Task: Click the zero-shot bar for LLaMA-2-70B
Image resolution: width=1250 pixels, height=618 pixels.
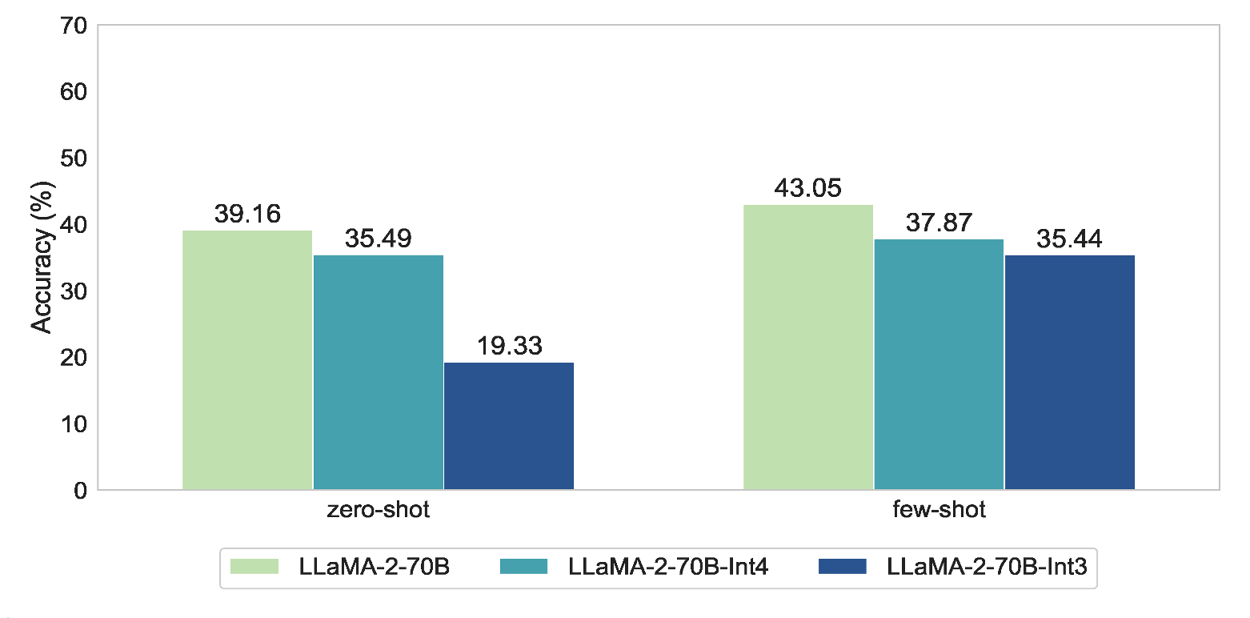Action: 247,360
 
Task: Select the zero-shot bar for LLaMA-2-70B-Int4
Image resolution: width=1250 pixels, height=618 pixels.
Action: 378,372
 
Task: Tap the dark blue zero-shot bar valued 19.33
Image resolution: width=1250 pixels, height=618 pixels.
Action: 509,426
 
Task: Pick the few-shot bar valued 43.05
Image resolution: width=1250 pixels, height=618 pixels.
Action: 808,347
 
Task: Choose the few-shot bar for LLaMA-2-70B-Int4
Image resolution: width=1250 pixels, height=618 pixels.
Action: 939,364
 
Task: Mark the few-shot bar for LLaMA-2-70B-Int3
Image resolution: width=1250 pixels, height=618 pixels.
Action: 1070,372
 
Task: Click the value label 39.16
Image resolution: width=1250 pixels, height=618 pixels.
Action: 247,215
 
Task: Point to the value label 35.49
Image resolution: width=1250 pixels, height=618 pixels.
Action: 378,239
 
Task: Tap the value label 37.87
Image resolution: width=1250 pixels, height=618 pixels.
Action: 939,223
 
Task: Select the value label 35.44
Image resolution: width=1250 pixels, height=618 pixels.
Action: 1070,239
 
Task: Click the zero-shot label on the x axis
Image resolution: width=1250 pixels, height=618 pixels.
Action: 379,510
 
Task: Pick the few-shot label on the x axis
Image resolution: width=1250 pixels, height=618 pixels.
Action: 940,510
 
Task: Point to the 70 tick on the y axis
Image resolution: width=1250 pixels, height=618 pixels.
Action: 76,26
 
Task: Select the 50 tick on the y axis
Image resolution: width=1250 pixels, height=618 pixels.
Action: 76,159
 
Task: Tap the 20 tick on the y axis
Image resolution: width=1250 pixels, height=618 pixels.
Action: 76,357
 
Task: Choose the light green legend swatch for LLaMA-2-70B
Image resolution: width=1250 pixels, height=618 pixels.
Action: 254,567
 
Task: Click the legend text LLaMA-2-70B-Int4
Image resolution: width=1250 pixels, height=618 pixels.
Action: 668,567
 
